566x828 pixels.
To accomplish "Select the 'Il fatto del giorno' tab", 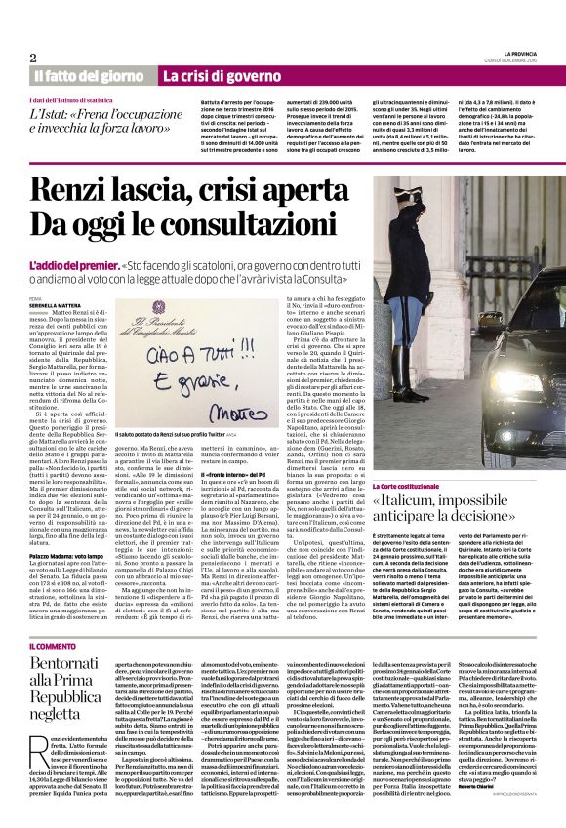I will pos(89,76).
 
